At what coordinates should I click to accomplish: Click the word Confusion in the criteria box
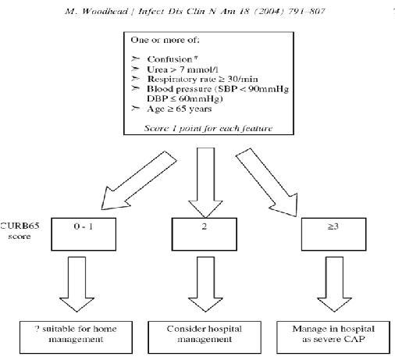(x=169, y=59)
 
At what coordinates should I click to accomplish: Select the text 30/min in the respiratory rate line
(x=243, y=79)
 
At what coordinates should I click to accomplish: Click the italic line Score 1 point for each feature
(x=208, y=128)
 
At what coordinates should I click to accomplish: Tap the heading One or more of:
(x=165, y=40)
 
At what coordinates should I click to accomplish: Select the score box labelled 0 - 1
(x=84, y=234)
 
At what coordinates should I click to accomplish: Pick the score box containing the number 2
(x=205, y=234)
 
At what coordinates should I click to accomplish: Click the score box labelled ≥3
(x=333, y=234)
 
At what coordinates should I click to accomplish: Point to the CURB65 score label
(x=20, y=231)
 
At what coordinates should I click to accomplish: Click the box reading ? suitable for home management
(x=76, y=337)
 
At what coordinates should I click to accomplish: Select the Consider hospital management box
(x=205, y=337)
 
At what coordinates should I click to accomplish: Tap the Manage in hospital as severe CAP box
(x=333, y=337)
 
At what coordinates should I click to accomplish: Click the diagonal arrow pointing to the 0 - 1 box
(x=138, y=181)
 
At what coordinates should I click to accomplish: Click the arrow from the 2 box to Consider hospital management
(x=205, y=284)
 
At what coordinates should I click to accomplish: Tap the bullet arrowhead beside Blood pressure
(x=135, y=89)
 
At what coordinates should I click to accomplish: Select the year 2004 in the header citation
(x=269, y=12)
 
